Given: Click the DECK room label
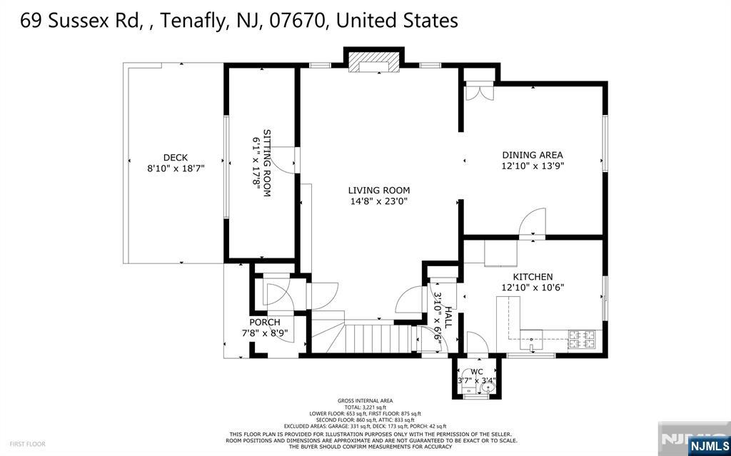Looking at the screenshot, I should coord(175,158).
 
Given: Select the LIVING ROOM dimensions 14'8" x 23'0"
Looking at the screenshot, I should coord(378,201).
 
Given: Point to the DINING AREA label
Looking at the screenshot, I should coord(532,155).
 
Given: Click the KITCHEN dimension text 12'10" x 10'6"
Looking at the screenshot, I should coord(532,288).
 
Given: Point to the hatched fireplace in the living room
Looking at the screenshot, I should coord(373,61).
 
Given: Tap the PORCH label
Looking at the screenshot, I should coord(264,323).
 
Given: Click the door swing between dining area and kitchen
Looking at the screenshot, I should coord(534,221).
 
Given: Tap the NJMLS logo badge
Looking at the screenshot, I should coord(708,446).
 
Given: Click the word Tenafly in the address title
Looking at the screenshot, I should coord(191,21).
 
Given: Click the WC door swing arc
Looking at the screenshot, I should coord(475,342).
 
